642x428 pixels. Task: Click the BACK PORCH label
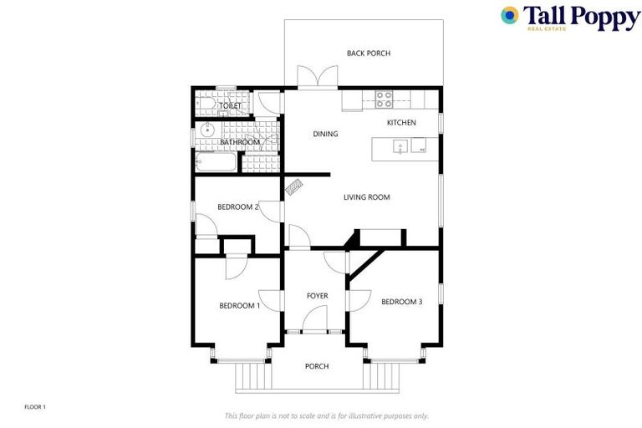pyautogui.click(x=369, y=53)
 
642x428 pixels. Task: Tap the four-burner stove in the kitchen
pyautogui.click(x=384, y=99)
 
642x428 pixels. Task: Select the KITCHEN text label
pyautogui.click(x=400, y=123)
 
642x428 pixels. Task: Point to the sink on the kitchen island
pyautogui.click(x=401, y=149)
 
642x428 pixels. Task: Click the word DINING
pyautogui.click(x=325, y=134)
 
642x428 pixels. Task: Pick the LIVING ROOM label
pyautogui.click(x=367, y=197)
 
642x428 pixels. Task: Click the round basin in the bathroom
pyautogui.click(x=206, y=130)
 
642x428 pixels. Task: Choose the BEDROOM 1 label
pyautogui.click(x=240, y=306)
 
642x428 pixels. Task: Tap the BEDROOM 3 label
pyautogui.click(x=402, y=302)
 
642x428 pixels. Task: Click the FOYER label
pyautogui.click(x=317, y=296)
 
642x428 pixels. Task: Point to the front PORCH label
pyautogui.click(x=317, y=366)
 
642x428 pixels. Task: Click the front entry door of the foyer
pyautogui.click(x=314, y=320)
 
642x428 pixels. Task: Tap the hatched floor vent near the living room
pyautogui.click(x=294, y=186)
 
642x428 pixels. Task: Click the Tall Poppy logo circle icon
pyautogui.click(x=510, y=15)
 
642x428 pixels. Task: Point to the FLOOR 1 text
pyautogui.click(x=35, y=407)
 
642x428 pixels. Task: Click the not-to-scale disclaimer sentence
pyautogui.click(x=327, y=415)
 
